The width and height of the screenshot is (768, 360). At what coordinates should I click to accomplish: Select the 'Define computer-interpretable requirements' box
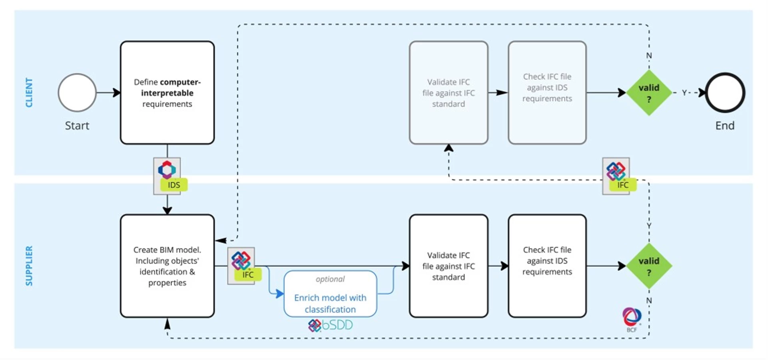(x=167, y=92)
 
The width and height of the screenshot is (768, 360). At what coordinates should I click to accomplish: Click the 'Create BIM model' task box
(x=167, y=266)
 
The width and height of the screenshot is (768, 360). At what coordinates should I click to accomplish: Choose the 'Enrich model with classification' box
(x=330, y=294)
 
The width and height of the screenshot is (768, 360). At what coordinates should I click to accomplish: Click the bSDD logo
(x=330, y=325)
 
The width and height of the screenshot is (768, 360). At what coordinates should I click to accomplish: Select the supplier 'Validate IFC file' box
(x=448, y=266)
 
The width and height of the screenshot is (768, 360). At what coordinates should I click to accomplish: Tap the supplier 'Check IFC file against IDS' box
(x=547, y=266)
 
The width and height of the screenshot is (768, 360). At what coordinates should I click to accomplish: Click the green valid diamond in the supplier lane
(x=649, y=266)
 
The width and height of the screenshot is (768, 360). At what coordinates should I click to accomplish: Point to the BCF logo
(x=632, y=320)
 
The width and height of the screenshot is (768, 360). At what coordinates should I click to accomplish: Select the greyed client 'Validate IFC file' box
(x=448, y=92)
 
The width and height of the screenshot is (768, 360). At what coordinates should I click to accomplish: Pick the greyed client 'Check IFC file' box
(x=547, y=92)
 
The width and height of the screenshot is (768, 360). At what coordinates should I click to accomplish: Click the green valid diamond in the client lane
(x=649, y=93)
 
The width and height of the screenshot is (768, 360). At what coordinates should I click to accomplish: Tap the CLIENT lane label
(x=29, y=92)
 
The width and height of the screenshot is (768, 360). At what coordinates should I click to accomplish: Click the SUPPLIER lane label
(x=29, y=266)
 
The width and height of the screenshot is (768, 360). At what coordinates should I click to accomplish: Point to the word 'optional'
(x=330, y=279)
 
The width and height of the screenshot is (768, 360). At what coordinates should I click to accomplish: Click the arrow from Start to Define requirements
(x=108, y=93)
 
